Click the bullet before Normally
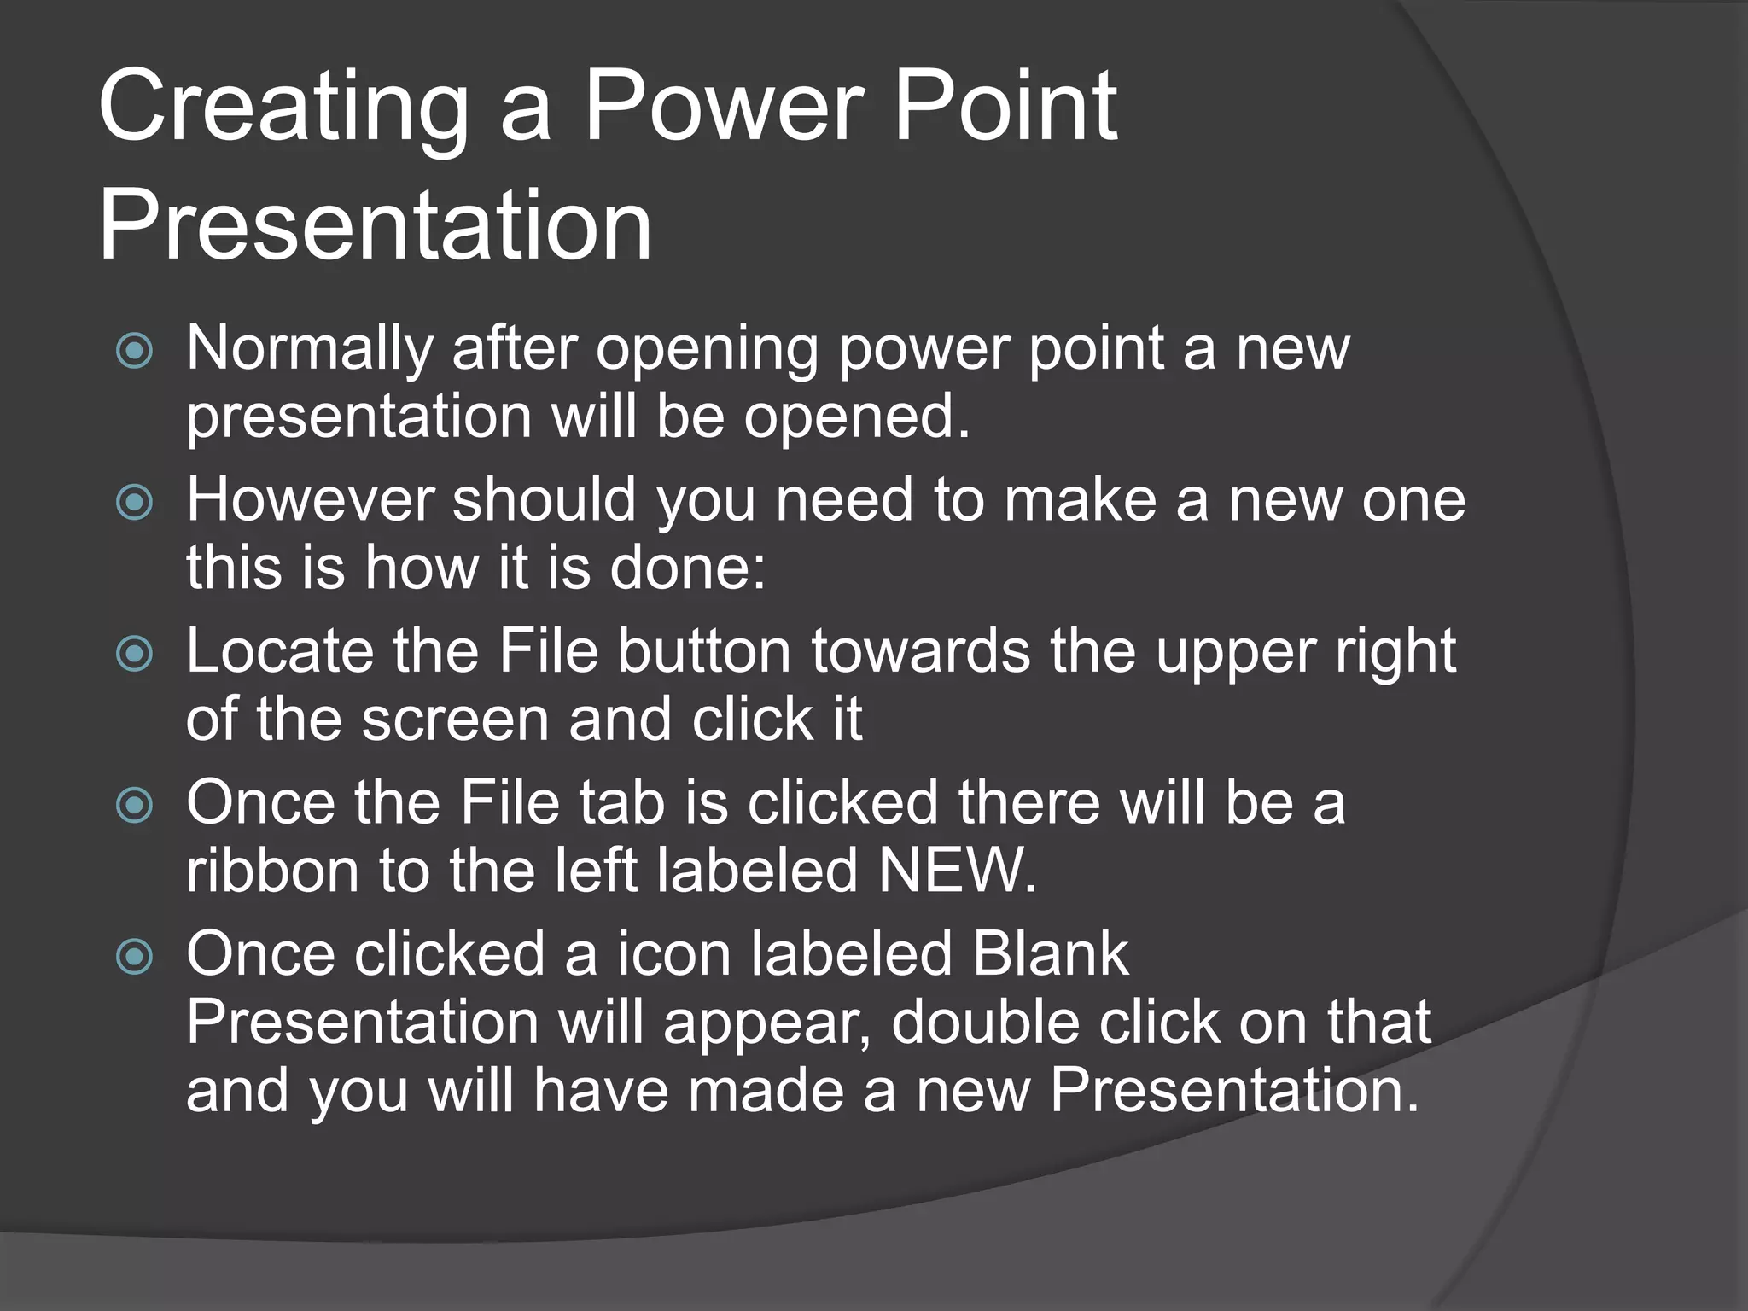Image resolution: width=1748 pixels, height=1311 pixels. click(x=134, y=351)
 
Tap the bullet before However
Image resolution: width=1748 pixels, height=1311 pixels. click(x=134, y=502)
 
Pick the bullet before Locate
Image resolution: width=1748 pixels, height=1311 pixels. click(x=134, y=654)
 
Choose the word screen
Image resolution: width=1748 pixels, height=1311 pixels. click(x=455, y=720)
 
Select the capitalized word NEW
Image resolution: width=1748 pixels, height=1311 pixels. click(x=956, y=871)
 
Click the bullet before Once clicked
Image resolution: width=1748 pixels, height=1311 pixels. click(x=134, y=957)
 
